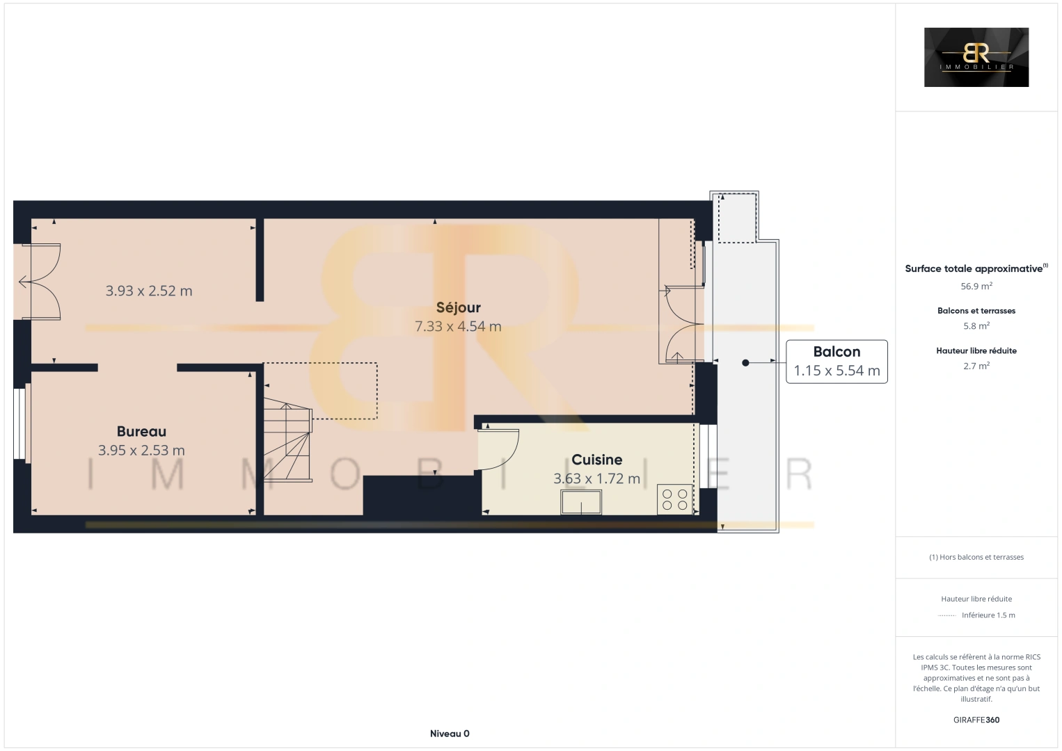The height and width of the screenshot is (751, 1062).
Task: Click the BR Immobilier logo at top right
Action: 976,57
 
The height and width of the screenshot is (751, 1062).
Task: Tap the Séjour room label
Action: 458,307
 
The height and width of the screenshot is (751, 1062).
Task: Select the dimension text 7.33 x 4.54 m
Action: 458,326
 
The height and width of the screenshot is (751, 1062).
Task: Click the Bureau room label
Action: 141,431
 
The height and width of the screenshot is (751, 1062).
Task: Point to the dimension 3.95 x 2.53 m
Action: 141,451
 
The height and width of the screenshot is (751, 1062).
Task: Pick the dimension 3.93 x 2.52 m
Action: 149,291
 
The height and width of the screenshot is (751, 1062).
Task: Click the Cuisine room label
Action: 596,460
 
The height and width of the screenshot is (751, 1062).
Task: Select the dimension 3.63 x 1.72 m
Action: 596,478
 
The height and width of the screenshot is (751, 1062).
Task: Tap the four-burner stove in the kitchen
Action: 674,499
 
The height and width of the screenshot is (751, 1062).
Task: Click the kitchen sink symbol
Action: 581,501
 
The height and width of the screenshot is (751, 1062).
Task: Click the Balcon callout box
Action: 837,361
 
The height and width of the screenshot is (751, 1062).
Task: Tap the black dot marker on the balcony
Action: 745,362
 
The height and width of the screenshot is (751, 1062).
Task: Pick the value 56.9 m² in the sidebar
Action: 976,286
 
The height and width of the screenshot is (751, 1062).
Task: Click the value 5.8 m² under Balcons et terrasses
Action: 976,325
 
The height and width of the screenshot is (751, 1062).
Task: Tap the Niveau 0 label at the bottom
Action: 450,734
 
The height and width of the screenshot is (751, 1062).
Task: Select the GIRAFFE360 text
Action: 976,720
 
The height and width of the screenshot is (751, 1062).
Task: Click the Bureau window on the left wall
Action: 20,423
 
